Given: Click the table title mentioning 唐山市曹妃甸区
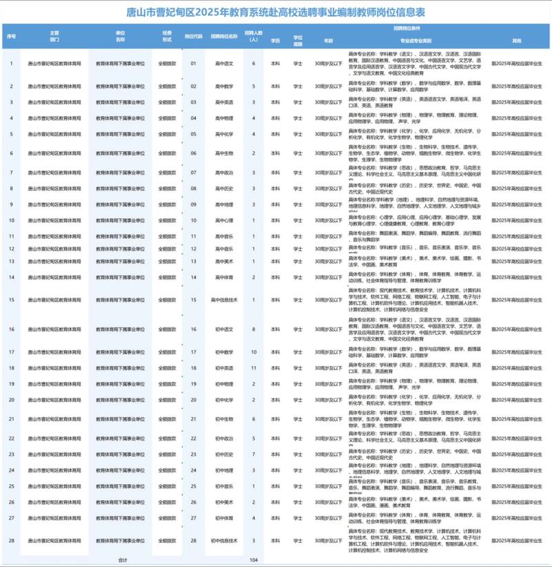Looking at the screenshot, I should click(275, 12).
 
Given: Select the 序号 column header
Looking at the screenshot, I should click(11, 36).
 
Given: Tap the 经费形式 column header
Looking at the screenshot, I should click(167, 36).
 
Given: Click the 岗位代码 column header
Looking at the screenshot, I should click(193, 36).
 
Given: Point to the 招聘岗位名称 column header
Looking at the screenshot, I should click(224, 36).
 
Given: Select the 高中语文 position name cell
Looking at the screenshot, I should click(224, 64).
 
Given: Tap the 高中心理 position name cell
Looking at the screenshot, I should click(224, 220).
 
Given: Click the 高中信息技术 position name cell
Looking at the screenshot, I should click(224, 300).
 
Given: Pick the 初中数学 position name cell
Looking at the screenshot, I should click(224, 352).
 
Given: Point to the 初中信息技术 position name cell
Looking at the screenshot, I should click(224, 540).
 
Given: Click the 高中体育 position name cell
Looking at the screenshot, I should click(224, 277).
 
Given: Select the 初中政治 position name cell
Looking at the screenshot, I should click(224, 439).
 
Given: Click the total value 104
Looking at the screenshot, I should click(254, 560).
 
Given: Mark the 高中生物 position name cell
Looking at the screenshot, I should click(224, 153).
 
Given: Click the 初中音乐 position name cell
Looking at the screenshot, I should click(224, 486).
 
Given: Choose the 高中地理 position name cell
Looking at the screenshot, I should click(224, 204).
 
